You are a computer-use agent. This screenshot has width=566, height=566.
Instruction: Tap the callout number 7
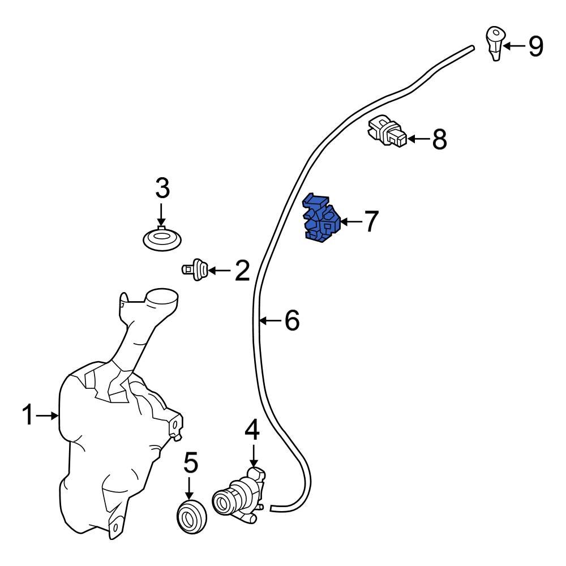[370, 221]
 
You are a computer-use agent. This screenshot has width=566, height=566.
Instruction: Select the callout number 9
[535, 46]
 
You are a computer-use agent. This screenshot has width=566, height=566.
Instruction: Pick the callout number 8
[439, 139]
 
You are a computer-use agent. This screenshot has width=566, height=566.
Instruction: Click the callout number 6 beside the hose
[291, 321]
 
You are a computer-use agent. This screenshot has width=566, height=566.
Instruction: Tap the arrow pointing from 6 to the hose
[271, 321]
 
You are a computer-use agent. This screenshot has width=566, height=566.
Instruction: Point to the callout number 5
[191, 463]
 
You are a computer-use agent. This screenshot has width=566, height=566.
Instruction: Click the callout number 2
[242, 271]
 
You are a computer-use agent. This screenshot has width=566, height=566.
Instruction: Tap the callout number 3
[162, 188]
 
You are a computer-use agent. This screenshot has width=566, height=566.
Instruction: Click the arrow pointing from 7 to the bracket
[350, 221]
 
